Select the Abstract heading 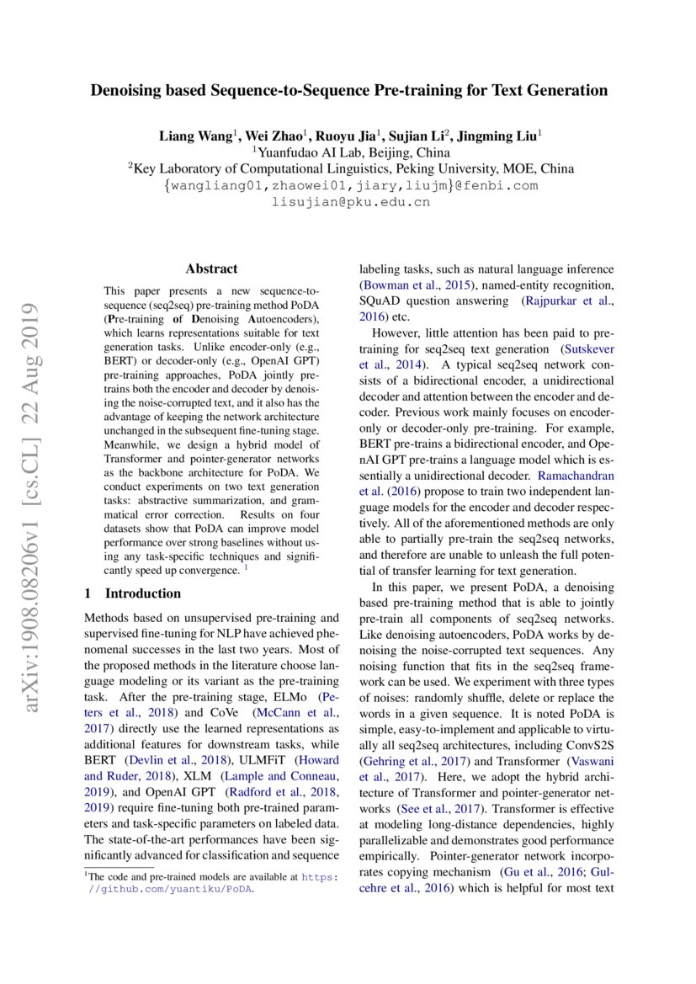[x=211, y=269]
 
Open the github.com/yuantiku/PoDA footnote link [x=172, y=888]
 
